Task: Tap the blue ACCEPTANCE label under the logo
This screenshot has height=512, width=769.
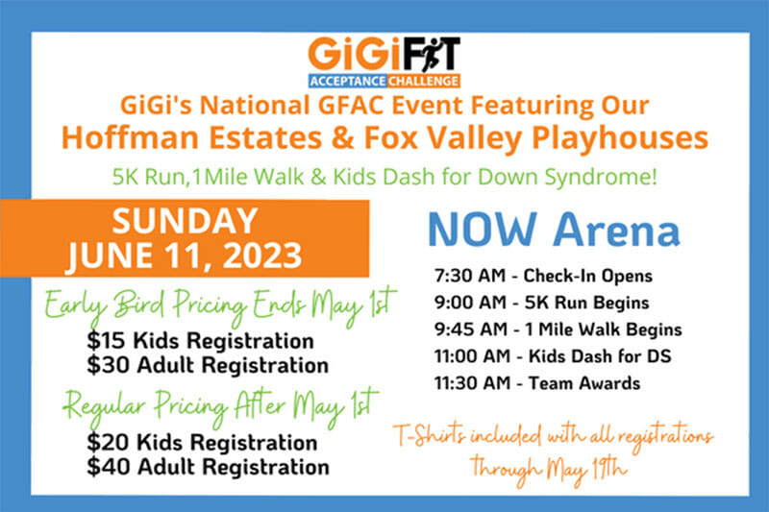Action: tap(348, 81)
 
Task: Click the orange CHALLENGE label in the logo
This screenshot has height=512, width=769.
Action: tap(423, 81)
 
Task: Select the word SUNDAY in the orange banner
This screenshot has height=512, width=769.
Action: tap(185, 221)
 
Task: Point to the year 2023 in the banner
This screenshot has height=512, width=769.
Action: tap(262, 256)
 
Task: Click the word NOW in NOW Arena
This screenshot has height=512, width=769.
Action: tap(483, 230)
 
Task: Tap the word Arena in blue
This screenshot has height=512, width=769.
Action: tap(616, 230)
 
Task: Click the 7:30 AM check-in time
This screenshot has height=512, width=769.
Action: tap(469, 276)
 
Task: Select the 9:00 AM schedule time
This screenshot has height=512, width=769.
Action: tap(470, 303)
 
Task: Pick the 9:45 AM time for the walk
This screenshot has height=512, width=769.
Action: tap(470, 329)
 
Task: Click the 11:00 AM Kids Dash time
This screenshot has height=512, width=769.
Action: tap(472, 356)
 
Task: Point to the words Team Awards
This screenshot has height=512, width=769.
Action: tap(584, 383)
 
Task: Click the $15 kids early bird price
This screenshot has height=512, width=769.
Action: tap(106, 341)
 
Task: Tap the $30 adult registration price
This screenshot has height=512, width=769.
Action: tap(108, 365)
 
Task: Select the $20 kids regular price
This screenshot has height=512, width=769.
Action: tap(108, 443)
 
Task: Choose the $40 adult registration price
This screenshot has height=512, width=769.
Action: tap(108, 467)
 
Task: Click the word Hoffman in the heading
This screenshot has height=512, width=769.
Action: tap(131, 137)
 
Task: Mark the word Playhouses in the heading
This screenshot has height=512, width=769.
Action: tap(620, 138)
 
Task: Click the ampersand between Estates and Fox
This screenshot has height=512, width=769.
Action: tap(342, 138)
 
